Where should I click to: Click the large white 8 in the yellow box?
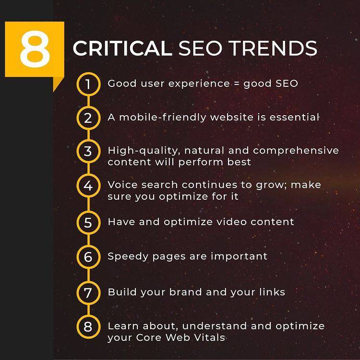35,48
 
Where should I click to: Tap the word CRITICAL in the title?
122,48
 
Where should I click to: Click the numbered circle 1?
88,84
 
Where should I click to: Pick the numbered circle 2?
88,118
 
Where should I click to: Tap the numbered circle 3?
88,151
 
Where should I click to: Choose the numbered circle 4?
88,186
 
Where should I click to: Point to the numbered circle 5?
88,222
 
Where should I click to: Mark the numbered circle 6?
88,257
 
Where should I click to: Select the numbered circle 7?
88,293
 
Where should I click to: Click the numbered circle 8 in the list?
88,327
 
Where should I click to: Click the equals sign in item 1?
237,84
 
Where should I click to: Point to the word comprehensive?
296,151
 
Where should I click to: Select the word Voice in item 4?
123,185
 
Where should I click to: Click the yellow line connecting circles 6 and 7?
88,275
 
